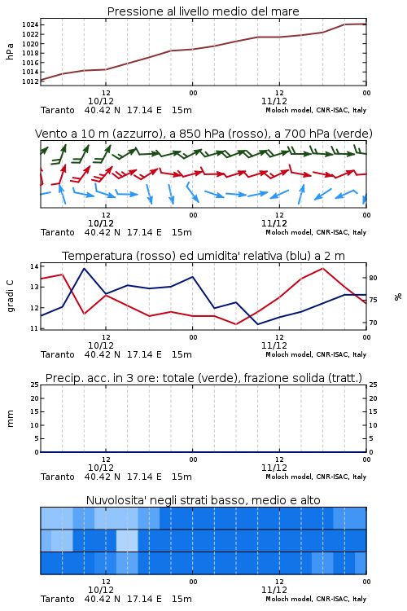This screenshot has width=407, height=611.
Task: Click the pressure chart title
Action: tap(203, 11)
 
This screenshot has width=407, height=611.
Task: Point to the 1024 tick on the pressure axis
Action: tap(30, 25)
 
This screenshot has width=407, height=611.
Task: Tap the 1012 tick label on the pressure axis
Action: tap(30, 81)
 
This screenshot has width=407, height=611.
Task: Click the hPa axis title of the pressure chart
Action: tap(10, 51)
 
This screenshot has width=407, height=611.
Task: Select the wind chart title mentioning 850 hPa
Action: tap(203, 134)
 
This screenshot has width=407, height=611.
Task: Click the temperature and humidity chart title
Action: tap(203, 256)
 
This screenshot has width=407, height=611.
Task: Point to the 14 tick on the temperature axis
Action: tap(34, 266)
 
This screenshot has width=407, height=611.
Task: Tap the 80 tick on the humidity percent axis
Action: tap(373, 278)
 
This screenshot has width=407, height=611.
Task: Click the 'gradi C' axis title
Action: tap(11, 297)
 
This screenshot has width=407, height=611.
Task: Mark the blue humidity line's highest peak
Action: tap(85, 268)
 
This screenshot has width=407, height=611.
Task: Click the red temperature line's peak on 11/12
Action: tap(322, 268)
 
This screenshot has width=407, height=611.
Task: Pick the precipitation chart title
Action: tap(203, 378)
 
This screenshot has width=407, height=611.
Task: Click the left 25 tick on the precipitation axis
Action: tap(34, 385)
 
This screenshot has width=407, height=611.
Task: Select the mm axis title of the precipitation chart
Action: tap(10, 419)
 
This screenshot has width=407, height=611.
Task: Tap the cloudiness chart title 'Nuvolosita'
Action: tap(203, 500)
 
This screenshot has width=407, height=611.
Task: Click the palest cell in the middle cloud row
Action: tap(127, 540)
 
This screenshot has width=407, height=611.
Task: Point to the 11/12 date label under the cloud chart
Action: tap(274, 590)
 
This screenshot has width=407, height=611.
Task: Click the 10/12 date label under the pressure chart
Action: tap(101, 101)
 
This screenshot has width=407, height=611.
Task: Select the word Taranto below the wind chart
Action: tap(58, 232)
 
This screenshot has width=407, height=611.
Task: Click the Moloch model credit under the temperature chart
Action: tap(316, 354)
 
